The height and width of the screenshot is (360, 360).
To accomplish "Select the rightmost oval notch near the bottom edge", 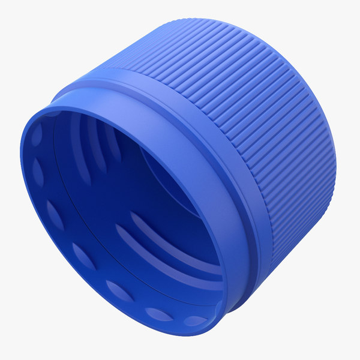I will point(193,320).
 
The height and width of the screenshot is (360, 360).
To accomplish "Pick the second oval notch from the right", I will point(157,313).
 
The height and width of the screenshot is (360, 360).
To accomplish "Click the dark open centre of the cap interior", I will point(120,198).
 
